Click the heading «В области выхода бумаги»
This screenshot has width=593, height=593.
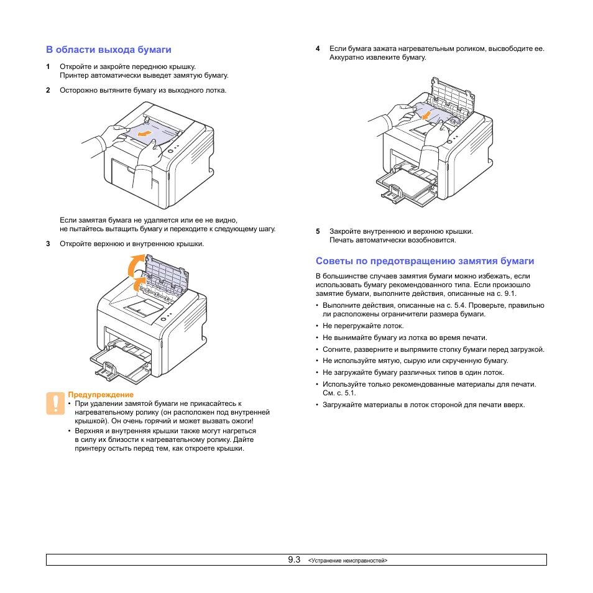tap(108, 49)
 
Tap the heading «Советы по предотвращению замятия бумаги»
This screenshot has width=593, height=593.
tap(425, 261)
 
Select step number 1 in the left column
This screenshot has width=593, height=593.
tap(48, 67)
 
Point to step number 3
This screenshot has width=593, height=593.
tap(48, 244)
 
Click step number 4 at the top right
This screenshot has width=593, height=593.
tap(318, 48)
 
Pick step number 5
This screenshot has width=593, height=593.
tap(318, 231)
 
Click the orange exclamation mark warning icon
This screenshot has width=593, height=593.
tap(55, 403)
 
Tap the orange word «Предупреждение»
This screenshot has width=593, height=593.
tap(100, 395)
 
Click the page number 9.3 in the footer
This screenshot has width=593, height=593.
tap(294, 559)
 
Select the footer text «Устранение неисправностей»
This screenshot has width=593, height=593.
tap(347, 561)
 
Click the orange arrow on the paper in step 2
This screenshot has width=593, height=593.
tap(144, 134)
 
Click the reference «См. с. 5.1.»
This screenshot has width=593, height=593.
tap(339, 393)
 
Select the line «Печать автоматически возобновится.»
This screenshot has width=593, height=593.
tap(392, 240)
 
